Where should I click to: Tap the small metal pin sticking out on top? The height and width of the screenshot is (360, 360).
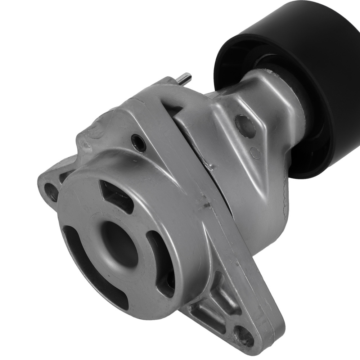186,78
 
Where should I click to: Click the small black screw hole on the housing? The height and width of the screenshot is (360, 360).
139,143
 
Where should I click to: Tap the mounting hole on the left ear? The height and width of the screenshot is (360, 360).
51,192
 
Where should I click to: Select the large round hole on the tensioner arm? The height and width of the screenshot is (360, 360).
245,126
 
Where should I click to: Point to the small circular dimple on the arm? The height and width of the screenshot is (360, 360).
256,153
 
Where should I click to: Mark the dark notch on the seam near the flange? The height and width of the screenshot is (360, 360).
206,206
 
